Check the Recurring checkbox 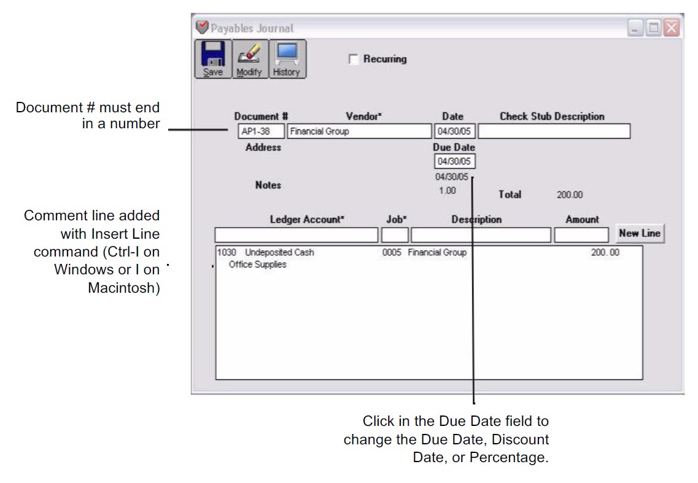pos(353,60)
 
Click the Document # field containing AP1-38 pos(262,131)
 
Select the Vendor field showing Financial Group pos(359,131)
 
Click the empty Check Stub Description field pos(554,131)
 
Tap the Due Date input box pos(454,161)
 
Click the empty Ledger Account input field pos(297,234)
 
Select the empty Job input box pos(395,234)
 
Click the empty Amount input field pos(581,234)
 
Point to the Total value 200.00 pos(570,195)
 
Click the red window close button pos(672,28)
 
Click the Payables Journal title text pos(252,28)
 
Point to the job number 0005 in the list pos(392,253)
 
